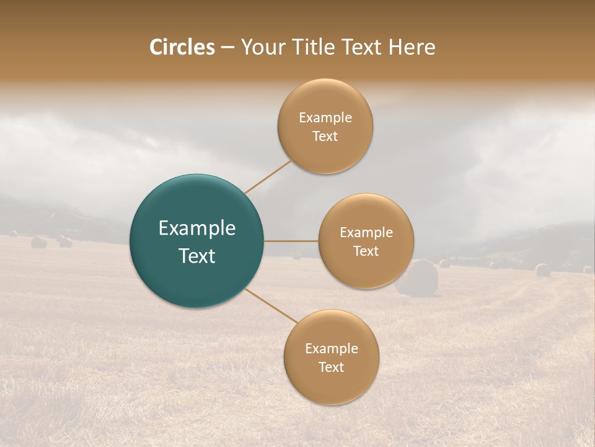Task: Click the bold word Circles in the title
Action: pyautogui.click(x=182, y=47)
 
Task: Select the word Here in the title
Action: pyautogui.click(x=412, y=47)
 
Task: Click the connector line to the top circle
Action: pyautogui.click(x=268, y=178)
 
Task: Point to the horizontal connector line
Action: pyautogui.click(x=291, y=241)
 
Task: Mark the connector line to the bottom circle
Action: pyautogui.click(x=271, y=305)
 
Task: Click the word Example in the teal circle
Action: pyautogui.click(x=197, y=228)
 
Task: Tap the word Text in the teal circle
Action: pyautogui.click(x=197, y=256)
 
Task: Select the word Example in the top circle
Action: pyautogui.click(x=325, y=118)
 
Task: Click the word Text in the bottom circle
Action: pyautogui.click(x=331, y=368)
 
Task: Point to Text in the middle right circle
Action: pyautogui.click(x=366, y=251)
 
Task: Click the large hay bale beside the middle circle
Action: pyautogui.click(x=418, y=278)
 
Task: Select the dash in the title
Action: pyautogui.click(x=227, y=48)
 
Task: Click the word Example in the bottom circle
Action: pyautogui.click(x=332, y=349)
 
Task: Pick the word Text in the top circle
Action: pyautogui.click(x=325, y=137)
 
